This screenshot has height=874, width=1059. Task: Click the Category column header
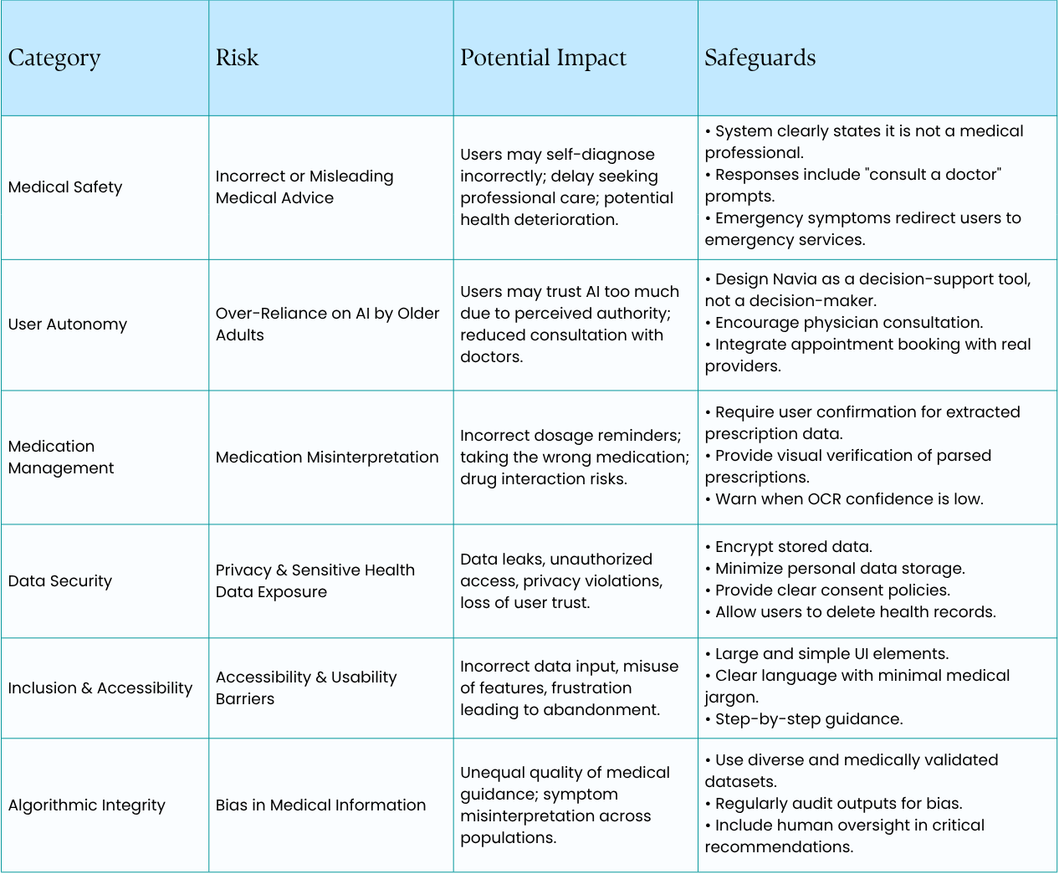[x=54, y=58]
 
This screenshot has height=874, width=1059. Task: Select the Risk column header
[x=237, y=58]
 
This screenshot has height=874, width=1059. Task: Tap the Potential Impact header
[x=543, y=58]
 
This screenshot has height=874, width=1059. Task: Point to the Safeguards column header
[x=760, y=58]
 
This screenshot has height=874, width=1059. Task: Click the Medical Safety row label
[x=65, y=187]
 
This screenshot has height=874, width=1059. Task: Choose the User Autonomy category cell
[x=68, y=325]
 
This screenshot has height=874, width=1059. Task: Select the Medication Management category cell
[x=61, y=457]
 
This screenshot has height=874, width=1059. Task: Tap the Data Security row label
[x=60, y=581]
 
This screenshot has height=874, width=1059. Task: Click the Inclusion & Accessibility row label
[x=100, y=688]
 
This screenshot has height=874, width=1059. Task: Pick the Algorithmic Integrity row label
[x=87, y=805]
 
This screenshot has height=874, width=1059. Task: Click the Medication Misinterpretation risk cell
[x=327, y=457]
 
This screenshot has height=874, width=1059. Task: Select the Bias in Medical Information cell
[x=320, y=805]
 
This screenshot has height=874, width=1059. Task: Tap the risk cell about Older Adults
[x=327, y=325]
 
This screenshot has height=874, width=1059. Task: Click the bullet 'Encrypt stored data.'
[x=793, y=547]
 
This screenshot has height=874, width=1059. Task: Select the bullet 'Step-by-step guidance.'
[x=808, y=719]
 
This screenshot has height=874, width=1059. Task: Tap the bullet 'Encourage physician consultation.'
[x=848, y=323]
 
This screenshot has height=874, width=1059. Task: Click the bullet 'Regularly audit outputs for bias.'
[x=838, y=804]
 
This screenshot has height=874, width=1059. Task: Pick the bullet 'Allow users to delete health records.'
[x=855, y=612]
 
